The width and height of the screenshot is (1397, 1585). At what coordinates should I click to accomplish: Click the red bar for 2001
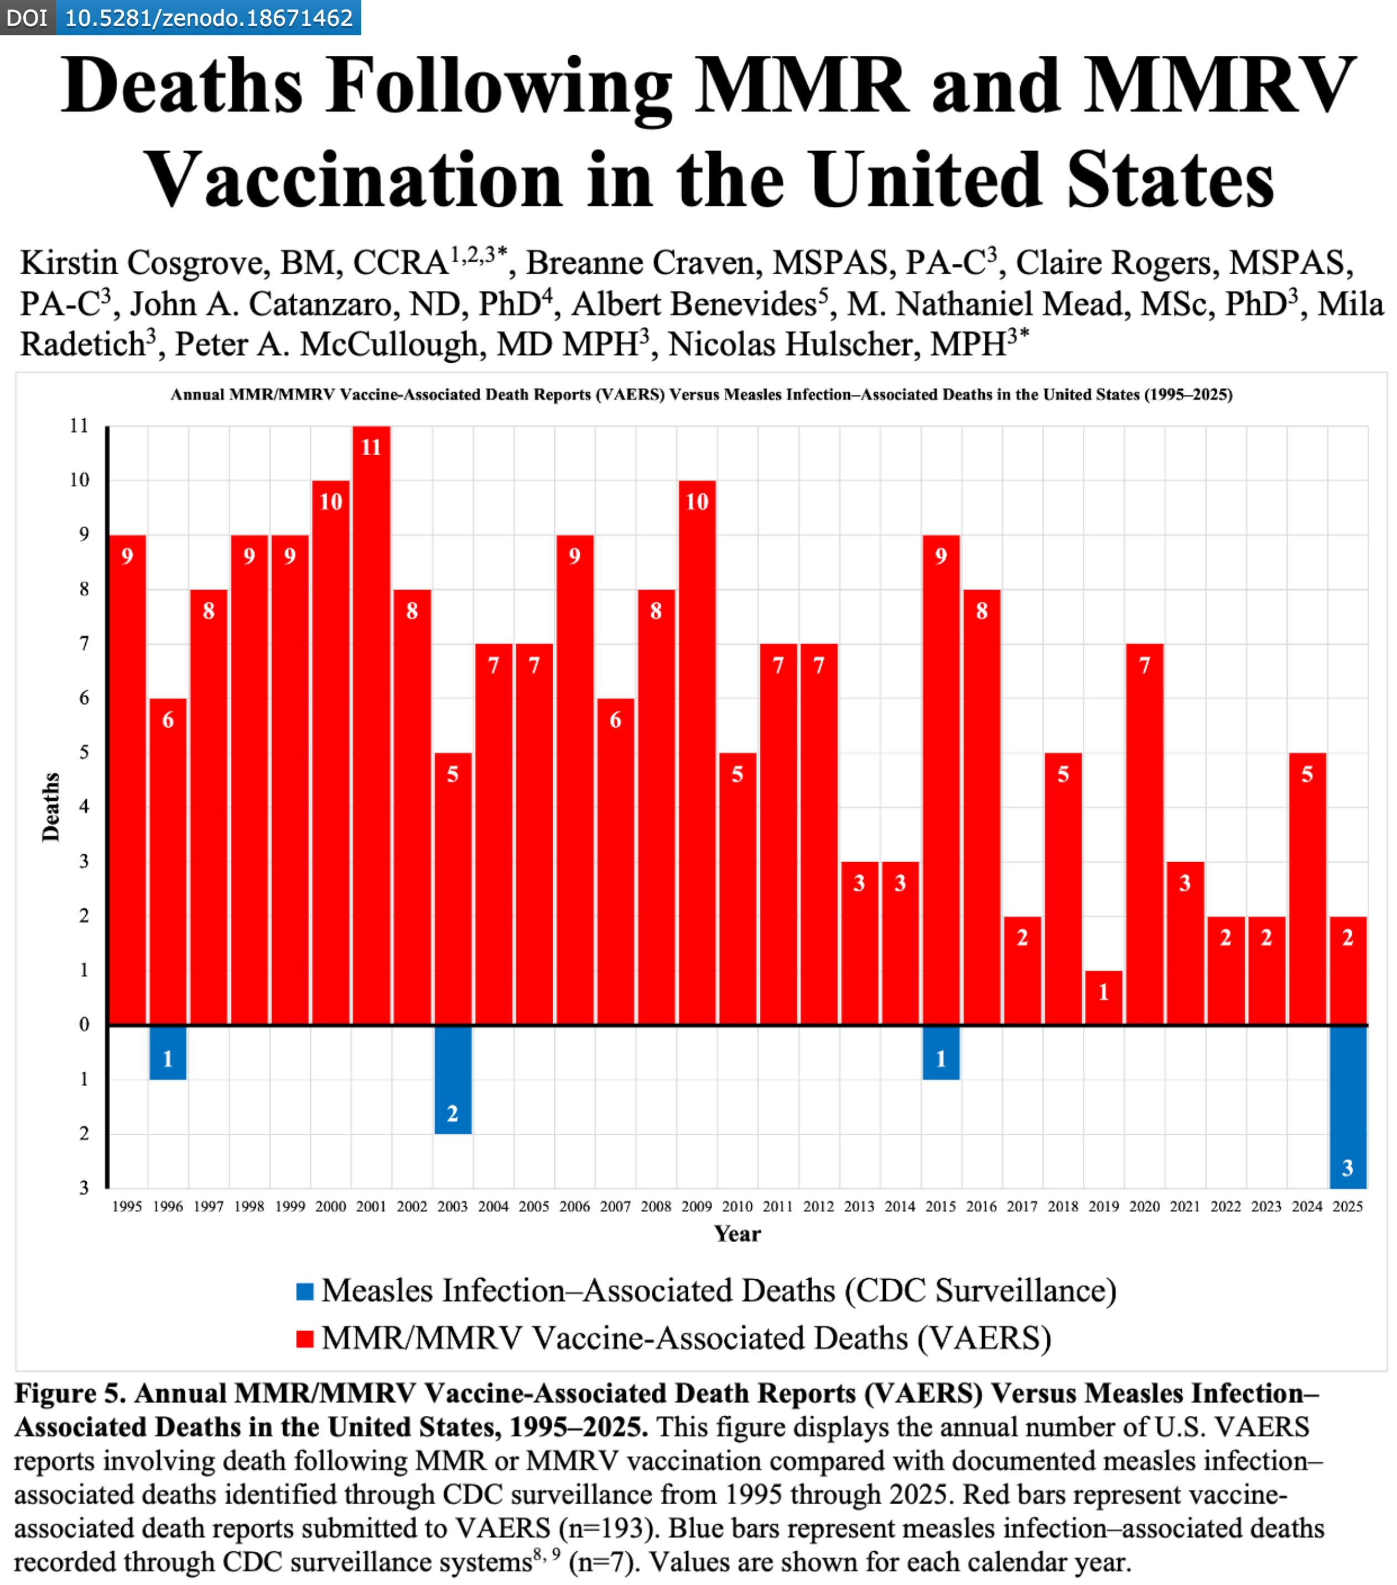[x=372, y=725]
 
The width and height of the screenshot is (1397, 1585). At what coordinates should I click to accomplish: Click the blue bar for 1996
[x=168, y=1052]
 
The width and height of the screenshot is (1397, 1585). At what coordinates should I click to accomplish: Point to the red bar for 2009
[x=697, y=752]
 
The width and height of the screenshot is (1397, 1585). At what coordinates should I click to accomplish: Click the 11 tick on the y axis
[x=79, y=426]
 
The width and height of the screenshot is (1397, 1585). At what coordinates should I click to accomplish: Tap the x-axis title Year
[x=737, y=1234]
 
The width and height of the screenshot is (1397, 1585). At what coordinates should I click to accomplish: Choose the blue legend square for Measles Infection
[x=305, y=1291]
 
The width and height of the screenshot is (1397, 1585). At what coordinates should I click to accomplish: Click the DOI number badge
[x=208, y=17]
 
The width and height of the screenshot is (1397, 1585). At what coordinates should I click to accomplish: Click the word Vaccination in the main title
[x=354, y=180]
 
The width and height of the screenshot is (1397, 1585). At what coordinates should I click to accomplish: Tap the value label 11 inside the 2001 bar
[x=372, y=447]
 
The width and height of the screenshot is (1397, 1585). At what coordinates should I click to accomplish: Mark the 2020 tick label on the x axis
[x=1144, y=1207]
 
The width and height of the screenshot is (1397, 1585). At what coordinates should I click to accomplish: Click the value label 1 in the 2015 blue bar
[x=941, y=1059]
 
